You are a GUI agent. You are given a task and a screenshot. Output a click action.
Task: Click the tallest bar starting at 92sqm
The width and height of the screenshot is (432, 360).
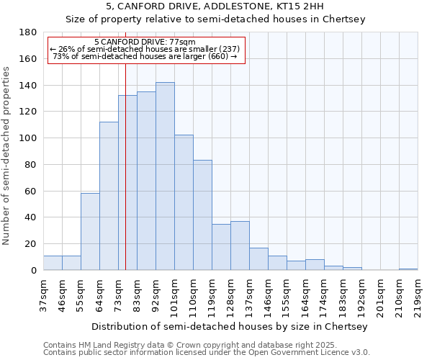(x=165, y=176)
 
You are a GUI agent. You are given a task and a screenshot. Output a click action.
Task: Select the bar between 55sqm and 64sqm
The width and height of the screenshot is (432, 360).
(x=90, y=231)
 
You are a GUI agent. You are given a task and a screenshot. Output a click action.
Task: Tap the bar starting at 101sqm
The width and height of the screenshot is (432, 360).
(x=184, y=202)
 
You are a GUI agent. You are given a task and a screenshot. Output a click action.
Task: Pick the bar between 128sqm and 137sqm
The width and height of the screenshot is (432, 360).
(x=240, y=246)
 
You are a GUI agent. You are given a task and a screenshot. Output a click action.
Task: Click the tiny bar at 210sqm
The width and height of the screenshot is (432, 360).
(x=408, y=269)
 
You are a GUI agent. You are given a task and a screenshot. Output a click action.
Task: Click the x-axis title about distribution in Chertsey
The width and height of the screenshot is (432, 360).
(x=230, y=326)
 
